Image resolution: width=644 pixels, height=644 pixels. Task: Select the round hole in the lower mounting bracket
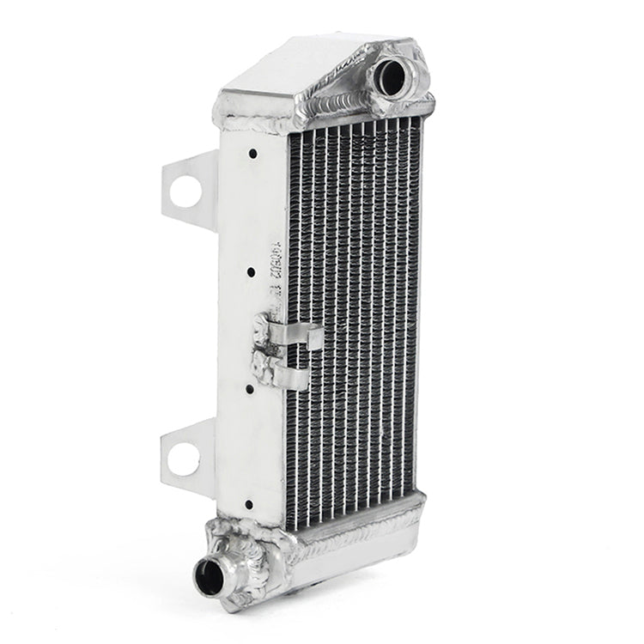pyautogui.click(x=183, y=460)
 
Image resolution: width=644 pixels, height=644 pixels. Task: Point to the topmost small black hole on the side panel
pyautogui.click(x=253, y=155)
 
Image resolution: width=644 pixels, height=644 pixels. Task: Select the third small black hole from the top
pyautogui.click(x=249, y=388)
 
